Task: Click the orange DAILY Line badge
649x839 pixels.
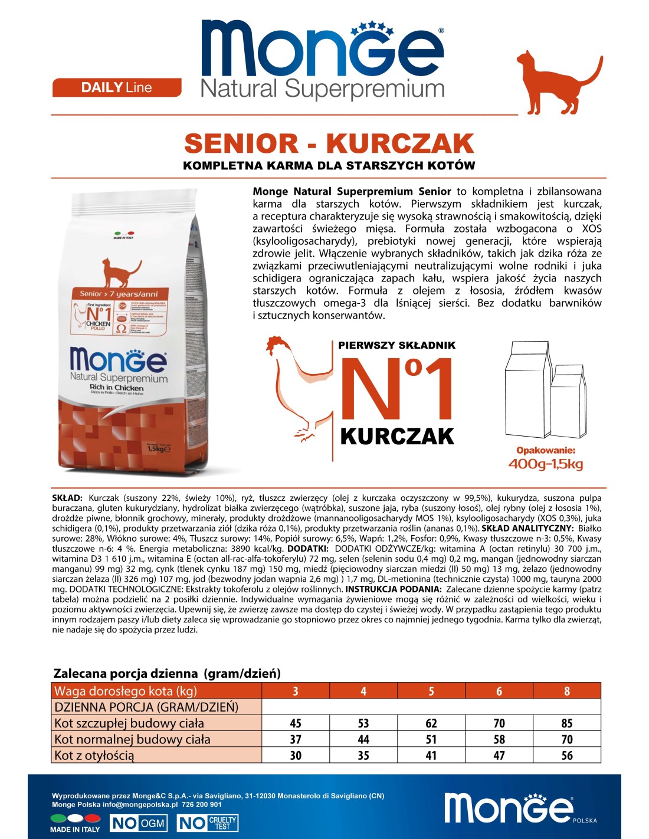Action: point(117,87)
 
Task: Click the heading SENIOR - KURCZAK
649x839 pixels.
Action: point(329,143)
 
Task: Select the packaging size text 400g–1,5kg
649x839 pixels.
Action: point(545,464)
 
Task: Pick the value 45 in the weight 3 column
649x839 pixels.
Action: point(296,723)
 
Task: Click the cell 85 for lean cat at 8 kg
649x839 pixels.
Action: point(566,723)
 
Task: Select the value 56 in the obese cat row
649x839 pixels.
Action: point(566,755)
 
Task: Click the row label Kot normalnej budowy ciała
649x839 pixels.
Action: point(132,739)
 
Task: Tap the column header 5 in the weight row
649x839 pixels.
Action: point(431,691)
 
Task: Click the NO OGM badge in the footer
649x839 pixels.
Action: point(139,823)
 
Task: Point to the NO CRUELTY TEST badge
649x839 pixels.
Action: point(208,823)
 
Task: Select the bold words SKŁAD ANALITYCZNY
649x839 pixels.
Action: point(527,528)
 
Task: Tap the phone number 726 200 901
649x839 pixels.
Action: point(202,804)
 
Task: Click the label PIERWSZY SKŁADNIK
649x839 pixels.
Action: point(396,346)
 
